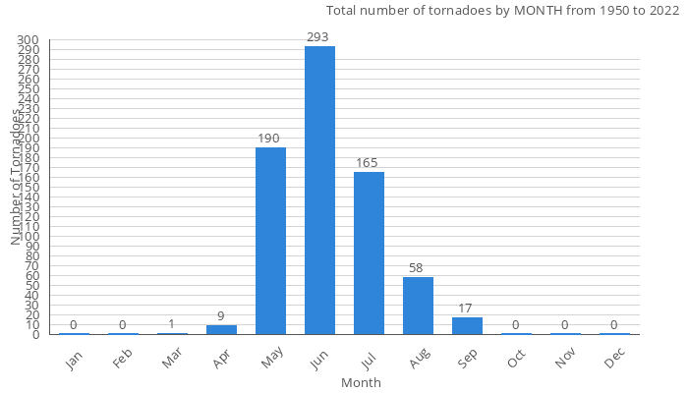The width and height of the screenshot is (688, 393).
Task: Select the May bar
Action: click(270, 241)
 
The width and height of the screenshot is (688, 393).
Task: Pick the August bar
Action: click(418, 306)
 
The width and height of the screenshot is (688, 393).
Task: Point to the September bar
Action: click(467, 325)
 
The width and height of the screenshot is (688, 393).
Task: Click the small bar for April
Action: click(221, 329)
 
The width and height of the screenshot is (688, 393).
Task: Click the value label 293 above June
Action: click(319, 37)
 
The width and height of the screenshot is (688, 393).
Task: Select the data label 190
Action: click(270, 139)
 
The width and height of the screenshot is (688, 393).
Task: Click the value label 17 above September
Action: click(467, 309)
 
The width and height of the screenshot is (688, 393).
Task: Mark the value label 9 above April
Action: click(221, 316)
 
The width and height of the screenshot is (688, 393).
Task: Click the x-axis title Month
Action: click(361, 382)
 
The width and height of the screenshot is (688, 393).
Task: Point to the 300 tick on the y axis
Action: click(28, 40)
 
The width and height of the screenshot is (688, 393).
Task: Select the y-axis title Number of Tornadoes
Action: click(17, 177)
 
